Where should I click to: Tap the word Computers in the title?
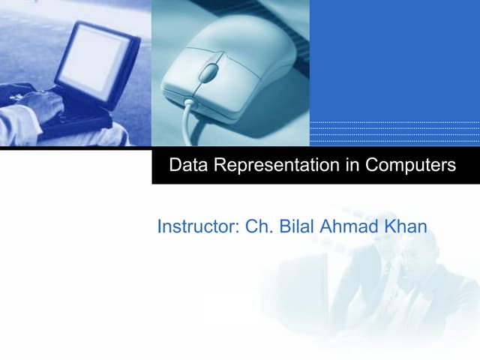tap(410, 165)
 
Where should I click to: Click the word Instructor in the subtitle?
tap(197, 226)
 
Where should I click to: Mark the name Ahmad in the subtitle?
tap(350, 226)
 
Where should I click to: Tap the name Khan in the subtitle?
tap(406, 226)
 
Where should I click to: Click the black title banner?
tap(315, 165)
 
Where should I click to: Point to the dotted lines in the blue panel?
tap(394, 132)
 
